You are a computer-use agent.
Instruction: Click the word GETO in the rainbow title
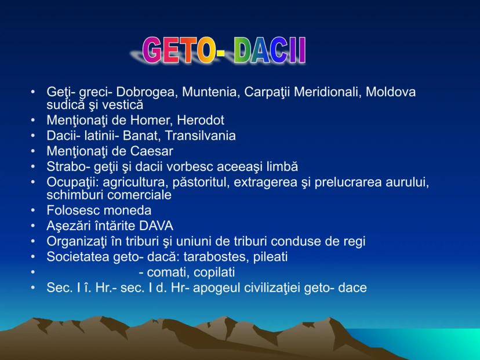pos(178,50)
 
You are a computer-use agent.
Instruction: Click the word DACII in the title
pos(270,50)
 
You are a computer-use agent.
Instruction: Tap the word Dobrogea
pos(147,92)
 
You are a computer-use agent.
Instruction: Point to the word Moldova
pos(391,92)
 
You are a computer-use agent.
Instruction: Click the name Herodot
pos(201,120)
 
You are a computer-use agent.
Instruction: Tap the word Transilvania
pos(200,136)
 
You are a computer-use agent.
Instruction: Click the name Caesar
pos(152,151)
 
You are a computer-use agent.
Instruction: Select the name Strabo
pos(65,166)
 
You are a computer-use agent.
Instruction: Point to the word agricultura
pos(135,183)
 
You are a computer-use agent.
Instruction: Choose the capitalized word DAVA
pos(156,226)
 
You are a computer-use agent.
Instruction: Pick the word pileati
pos(270,257)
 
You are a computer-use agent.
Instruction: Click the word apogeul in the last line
pos(216,288)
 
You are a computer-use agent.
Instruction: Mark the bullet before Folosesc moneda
pos(33,210)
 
